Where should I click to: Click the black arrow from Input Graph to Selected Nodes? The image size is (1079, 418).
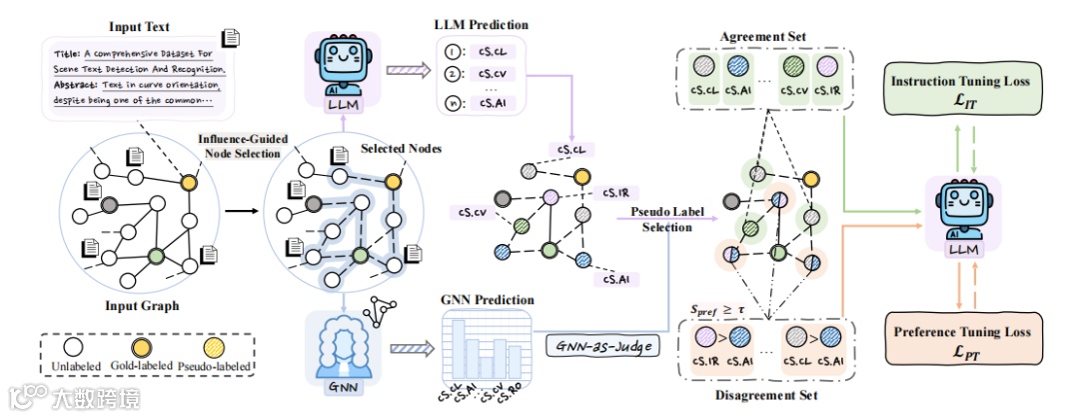click(x=237, y=212)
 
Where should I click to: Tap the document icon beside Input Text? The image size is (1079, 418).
click(x=231, y=38)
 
